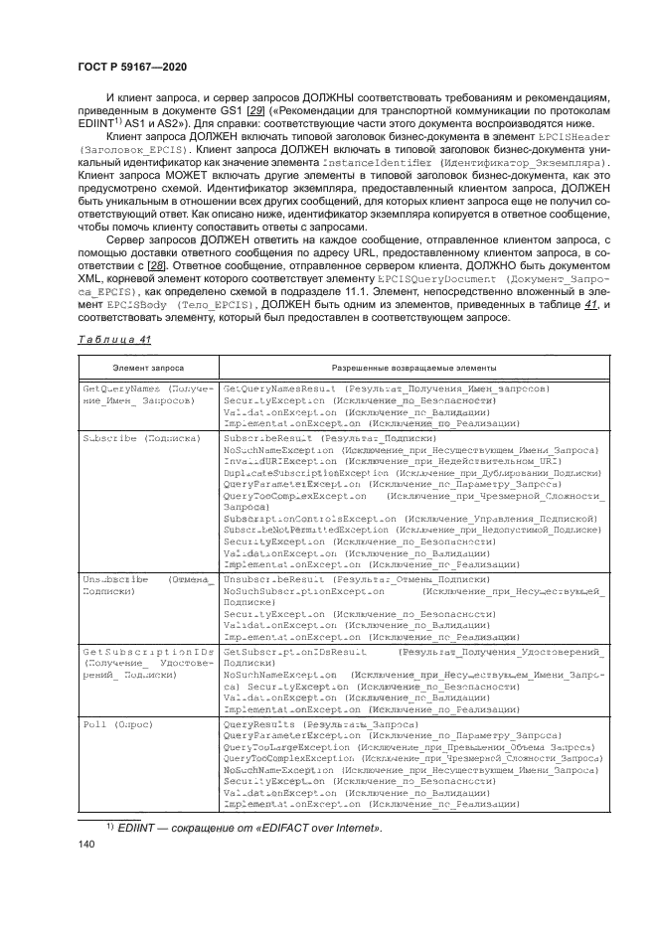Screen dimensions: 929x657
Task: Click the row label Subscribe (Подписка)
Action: coord(141,438)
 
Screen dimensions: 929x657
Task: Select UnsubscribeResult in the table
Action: coord(277,577)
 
